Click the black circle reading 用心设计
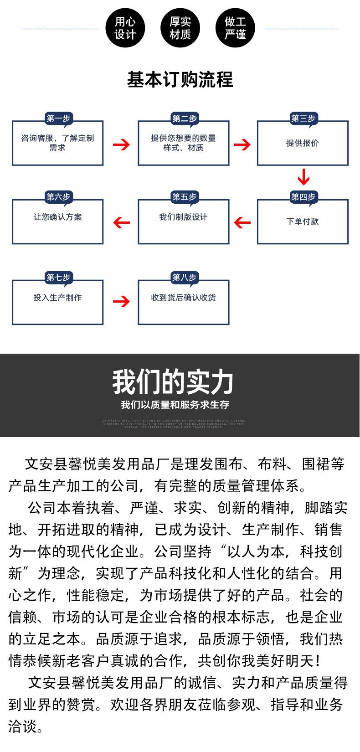pyautogui.click(x=125, y=28)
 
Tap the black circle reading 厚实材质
pyautogui.click(x=180, y=28)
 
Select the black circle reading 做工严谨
pyautogui.click(x=235, y=28)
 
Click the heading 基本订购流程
pyautogui.click(x=180, y=80)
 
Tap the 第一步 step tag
pyautogui.click(x=58, y=119)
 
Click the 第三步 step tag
pyautogui.click(x=303, y=119)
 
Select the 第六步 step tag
pyautogui.click(x=58, y=197)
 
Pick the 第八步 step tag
pyautogui.click(x=184, y=278)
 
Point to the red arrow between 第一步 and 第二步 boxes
pyautogui.click(x=121, y=145)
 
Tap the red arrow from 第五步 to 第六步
pyautogui.click(x=121, y=222)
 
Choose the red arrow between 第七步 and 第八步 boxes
pyautogui.click(x=121, y=301)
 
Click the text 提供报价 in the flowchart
pyautogui.click(x=303, y=143)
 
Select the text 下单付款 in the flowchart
pyautogui.click(x=303, y=221)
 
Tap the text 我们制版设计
pyautogui.click(x=183, y=217)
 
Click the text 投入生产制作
pyautogui.click(x=57, y=298)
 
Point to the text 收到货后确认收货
pyautogui.click(x=183, y=298)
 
